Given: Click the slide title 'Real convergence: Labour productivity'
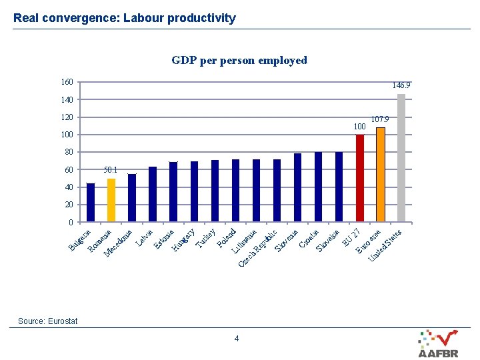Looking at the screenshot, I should pyautogui.click(x=125, y=18).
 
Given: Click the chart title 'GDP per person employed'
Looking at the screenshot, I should pyautogui.click(x=239, y=61).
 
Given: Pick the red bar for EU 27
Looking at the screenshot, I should pyautogui.click(x=360, y=178).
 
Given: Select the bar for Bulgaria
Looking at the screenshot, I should pyautogui.click(x=91, y=203).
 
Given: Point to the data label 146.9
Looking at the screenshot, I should pyautogui.click(x=401, y=85).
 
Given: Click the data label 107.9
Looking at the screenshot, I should pyautogui.click(x=380, y=119).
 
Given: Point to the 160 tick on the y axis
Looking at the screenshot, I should pyautogui.click(x=67, y=82).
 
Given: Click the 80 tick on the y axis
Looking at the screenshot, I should pyautogui.click(x=69, y=152).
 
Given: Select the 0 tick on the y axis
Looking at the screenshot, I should pyautogui.click(x=71, y=222).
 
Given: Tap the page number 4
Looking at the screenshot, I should pyautogui.click(x=237, y=339).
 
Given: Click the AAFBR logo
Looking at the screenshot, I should pyautogui.click(x=438, y=344).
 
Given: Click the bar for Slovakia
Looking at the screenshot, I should pyautogui.click(x=339, y=187).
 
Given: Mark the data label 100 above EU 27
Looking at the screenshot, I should pyautogui.click(x=360, y=126).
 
